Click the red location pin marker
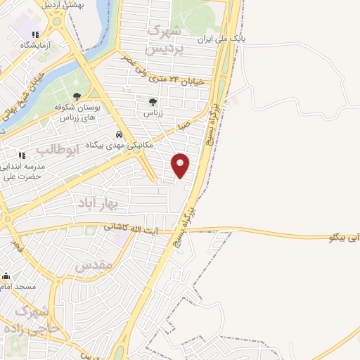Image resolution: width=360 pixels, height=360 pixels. click(x=181, y=165)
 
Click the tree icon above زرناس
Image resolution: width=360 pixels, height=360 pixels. click(x=153, y=102)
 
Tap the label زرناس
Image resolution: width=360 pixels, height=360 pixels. click(x=153, y=112)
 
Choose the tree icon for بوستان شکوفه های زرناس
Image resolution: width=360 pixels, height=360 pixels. click(x=77, y=97)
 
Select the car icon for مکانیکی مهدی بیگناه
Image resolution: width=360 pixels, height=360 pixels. click(x=120, y=134)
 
